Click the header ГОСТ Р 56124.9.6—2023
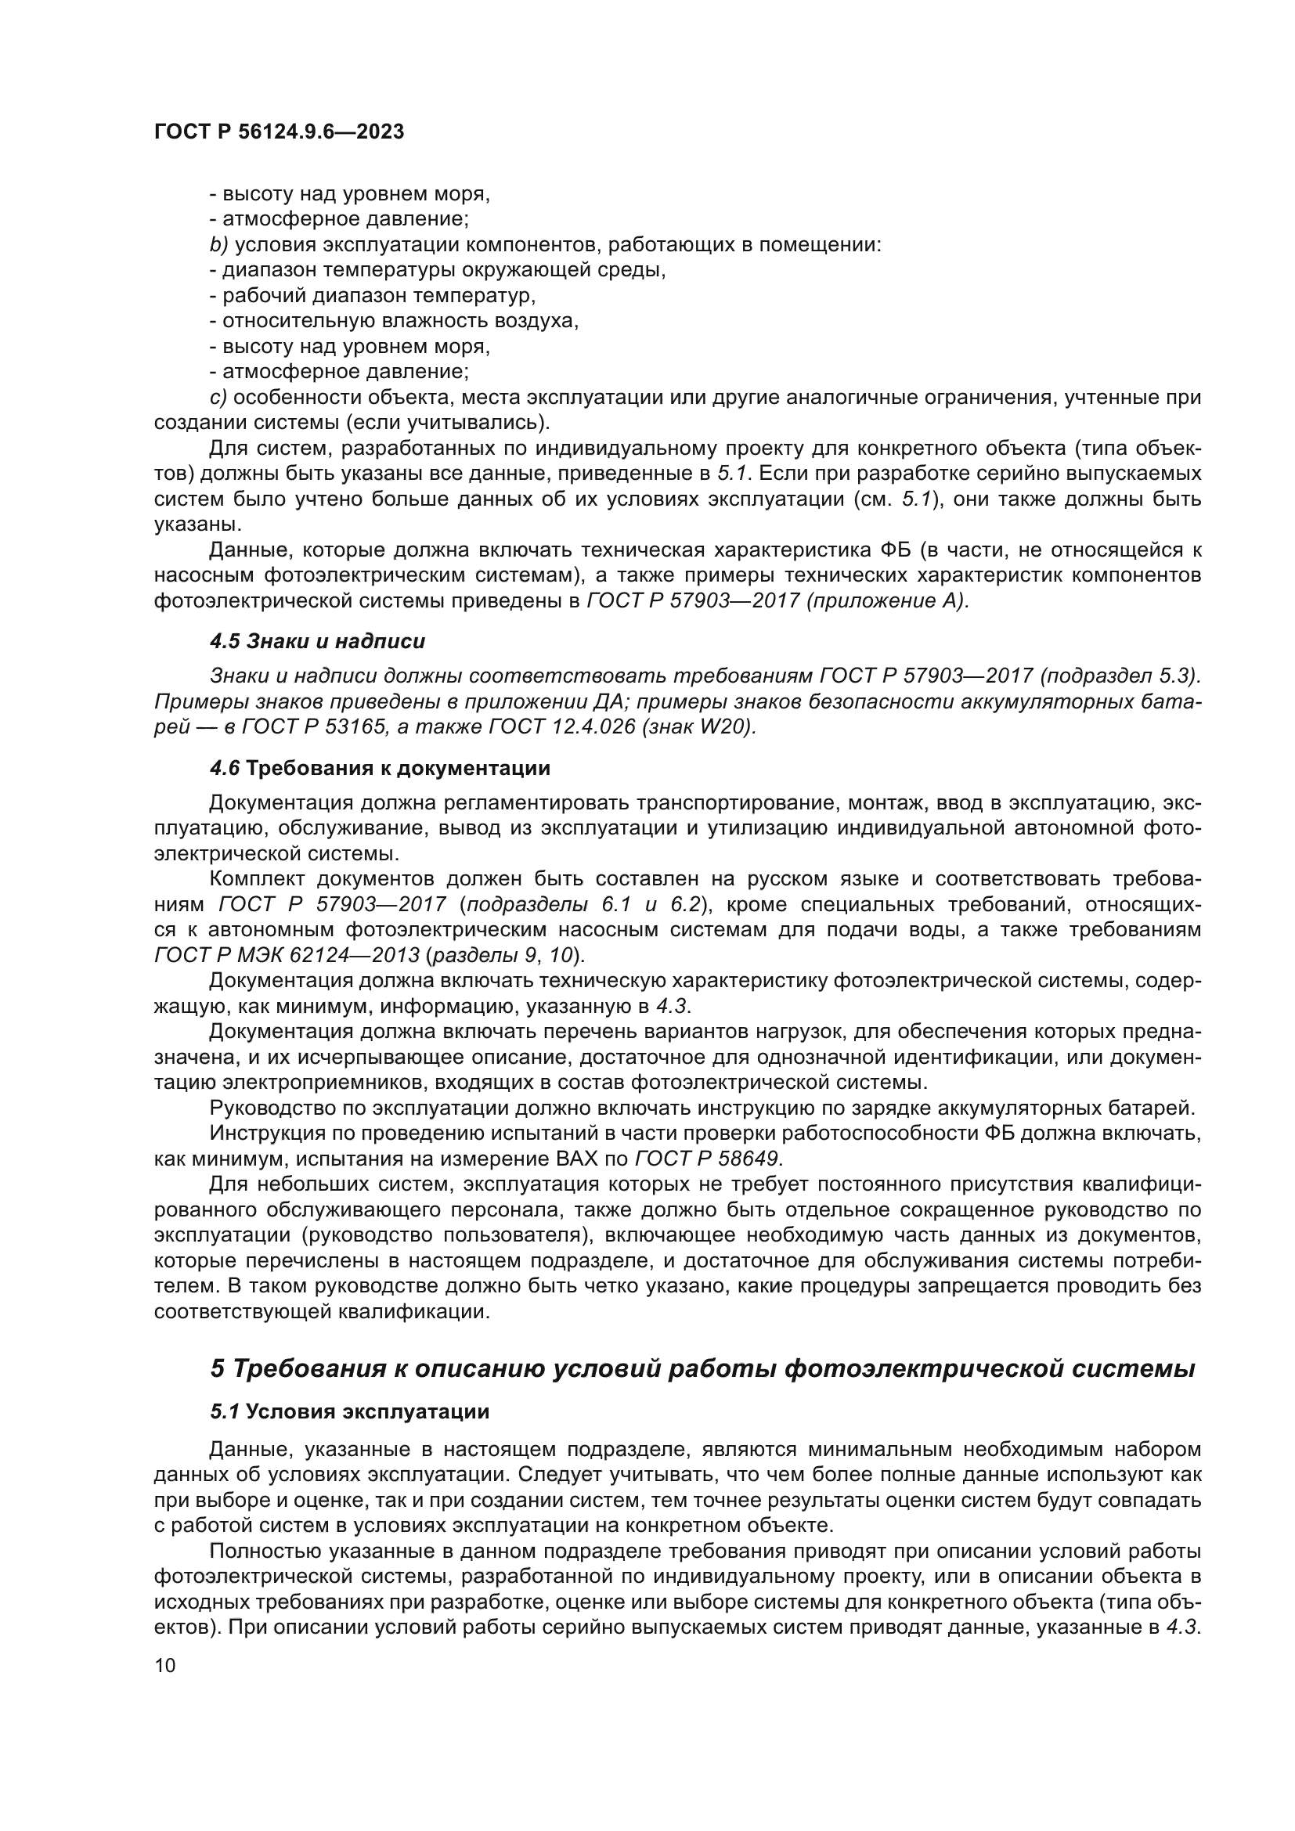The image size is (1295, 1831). coord(278,132)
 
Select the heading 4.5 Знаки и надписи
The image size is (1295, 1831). coord(317,641)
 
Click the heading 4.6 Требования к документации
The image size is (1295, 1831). coord(380,769)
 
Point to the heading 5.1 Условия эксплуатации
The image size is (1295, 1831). coord(349,1411)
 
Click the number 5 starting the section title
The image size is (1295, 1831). coord(218,1368)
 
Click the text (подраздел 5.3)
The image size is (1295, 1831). coord(1120,676)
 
